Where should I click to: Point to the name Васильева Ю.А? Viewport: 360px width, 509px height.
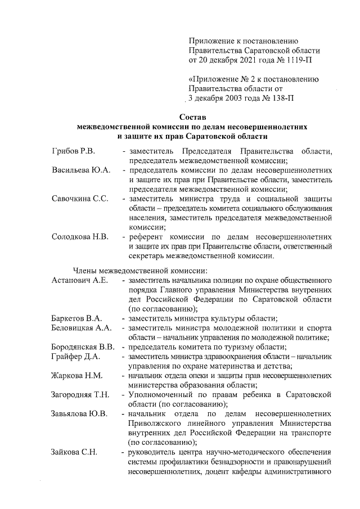pos(81,170)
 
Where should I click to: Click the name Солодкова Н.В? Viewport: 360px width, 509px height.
pos(80,236)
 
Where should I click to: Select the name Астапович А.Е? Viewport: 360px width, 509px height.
pos(79,280)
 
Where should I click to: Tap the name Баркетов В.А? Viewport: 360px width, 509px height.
pos(76,318)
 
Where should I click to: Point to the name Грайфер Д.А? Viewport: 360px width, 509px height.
pos(75,356)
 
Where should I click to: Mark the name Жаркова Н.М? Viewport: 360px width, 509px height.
pos(76,375)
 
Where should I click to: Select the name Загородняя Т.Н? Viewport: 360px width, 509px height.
pos(80,394)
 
